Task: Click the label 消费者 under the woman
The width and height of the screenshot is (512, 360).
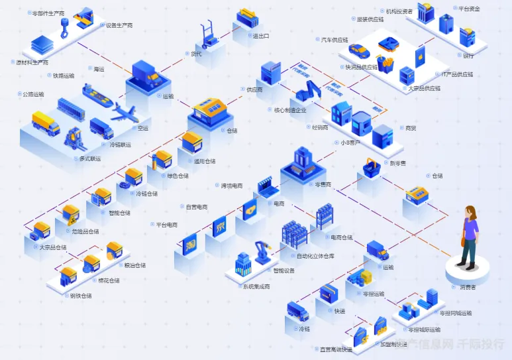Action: [468, 287]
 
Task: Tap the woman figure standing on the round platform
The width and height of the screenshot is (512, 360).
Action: [470, 236]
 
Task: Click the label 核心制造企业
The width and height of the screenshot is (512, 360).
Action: [290, 110]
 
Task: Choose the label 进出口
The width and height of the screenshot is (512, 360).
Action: [261, 36]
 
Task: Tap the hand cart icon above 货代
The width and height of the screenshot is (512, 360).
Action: [210, 35]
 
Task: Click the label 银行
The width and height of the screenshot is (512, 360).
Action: [468, 56]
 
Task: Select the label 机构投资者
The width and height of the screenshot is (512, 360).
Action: [399, 11]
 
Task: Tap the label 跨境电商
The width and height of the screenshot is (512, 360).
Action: [232, 186]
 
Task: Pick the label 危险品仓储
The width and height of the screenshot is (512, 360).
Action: [85, 231]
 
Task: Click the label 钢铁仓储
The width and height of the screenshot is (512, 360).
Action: [81, 296]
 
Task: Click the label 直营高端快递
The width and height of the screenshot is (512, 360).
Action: [336, 349]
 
